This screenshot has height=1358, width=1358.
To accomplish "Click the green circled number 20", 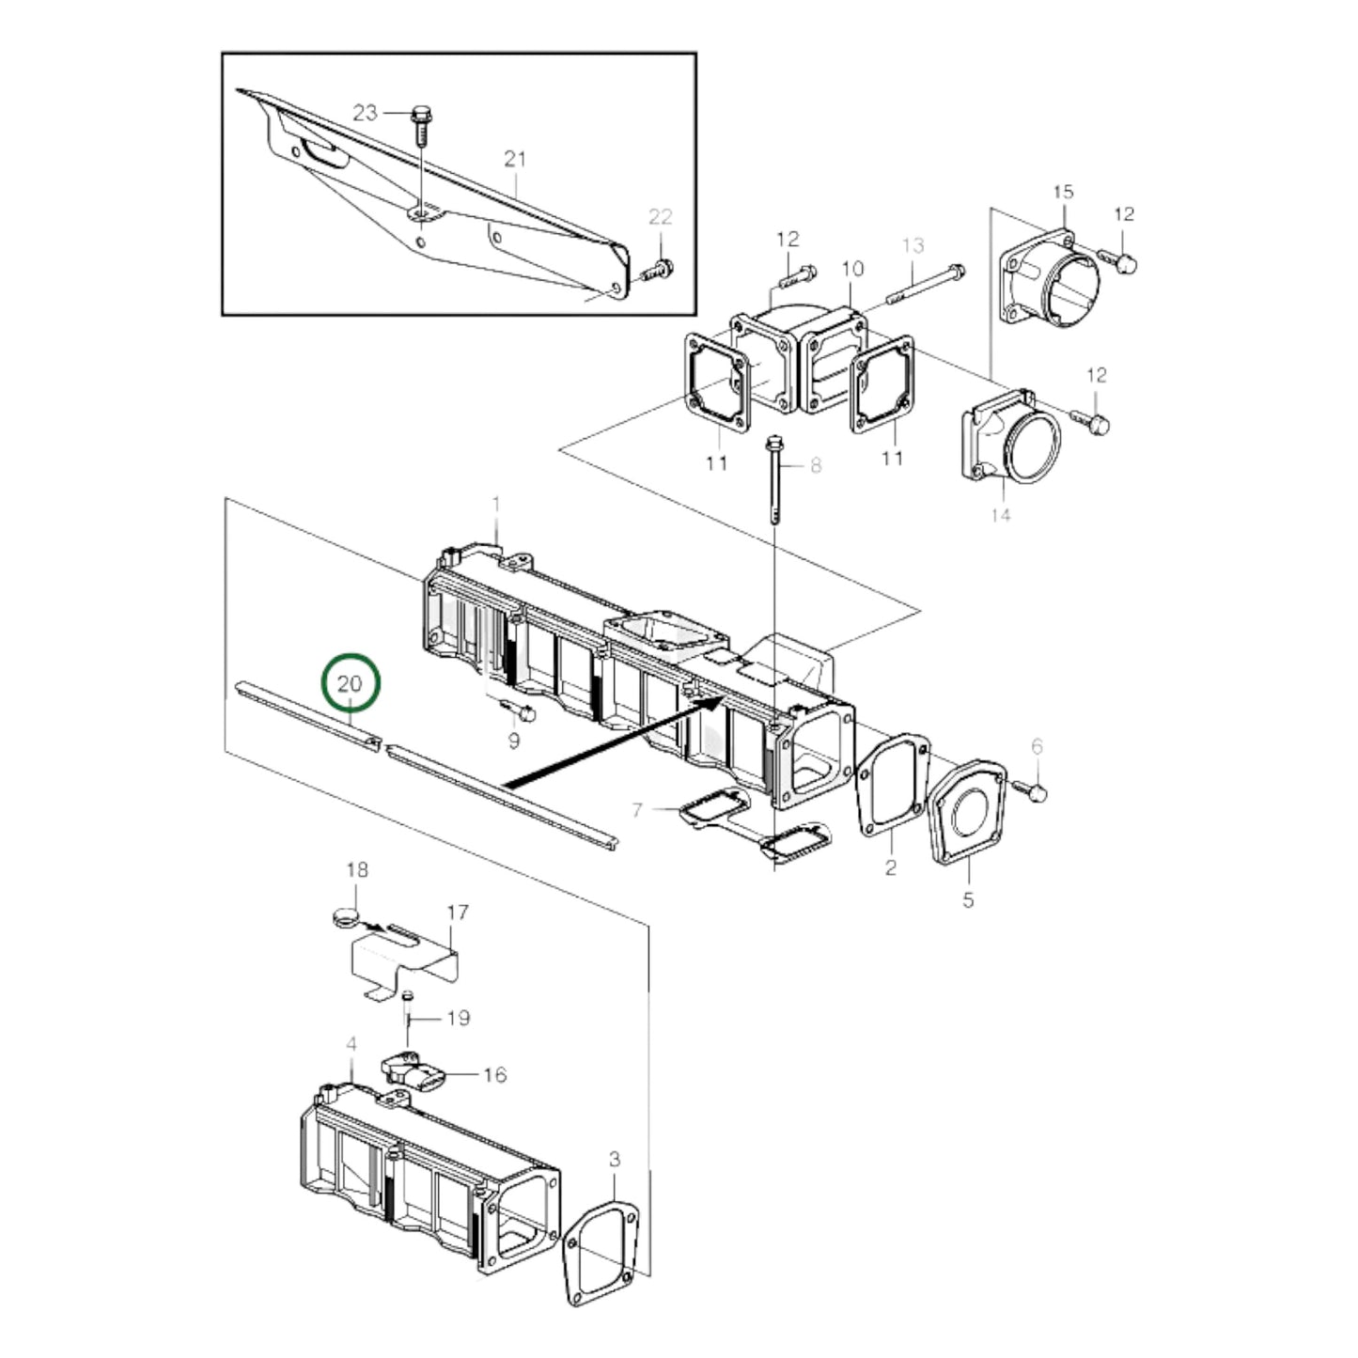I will [351, 684].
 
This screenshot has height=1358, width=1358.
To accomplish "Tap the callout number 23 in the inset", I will [365, 114].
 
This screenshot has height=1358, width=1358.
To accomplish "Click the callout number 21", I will [515, 159].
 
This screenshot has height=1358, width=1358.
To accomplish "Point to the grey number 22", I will [661, 217].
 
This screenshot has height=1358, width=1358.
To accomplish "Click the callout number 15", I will [1063, 192].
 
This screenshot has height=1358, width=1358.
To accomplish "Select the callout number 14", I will [1000, 514].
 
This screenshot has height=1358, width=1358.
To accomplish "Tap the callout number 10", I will [851, 270].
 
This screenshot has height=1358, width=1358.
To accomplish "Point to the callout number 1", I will [496, 506].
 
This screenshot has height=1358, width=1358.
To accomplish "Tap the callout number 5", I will [968, 899].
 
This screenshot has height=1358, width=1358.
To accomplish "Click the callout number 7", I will [637, 808].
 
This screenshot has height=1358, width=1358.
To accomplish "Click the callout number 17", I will [457, 913].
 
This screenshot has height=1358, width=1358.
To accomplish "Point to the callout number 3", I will [614, 1160].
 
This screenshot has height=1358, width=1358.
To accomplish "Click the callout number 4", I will [351, 1045].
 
